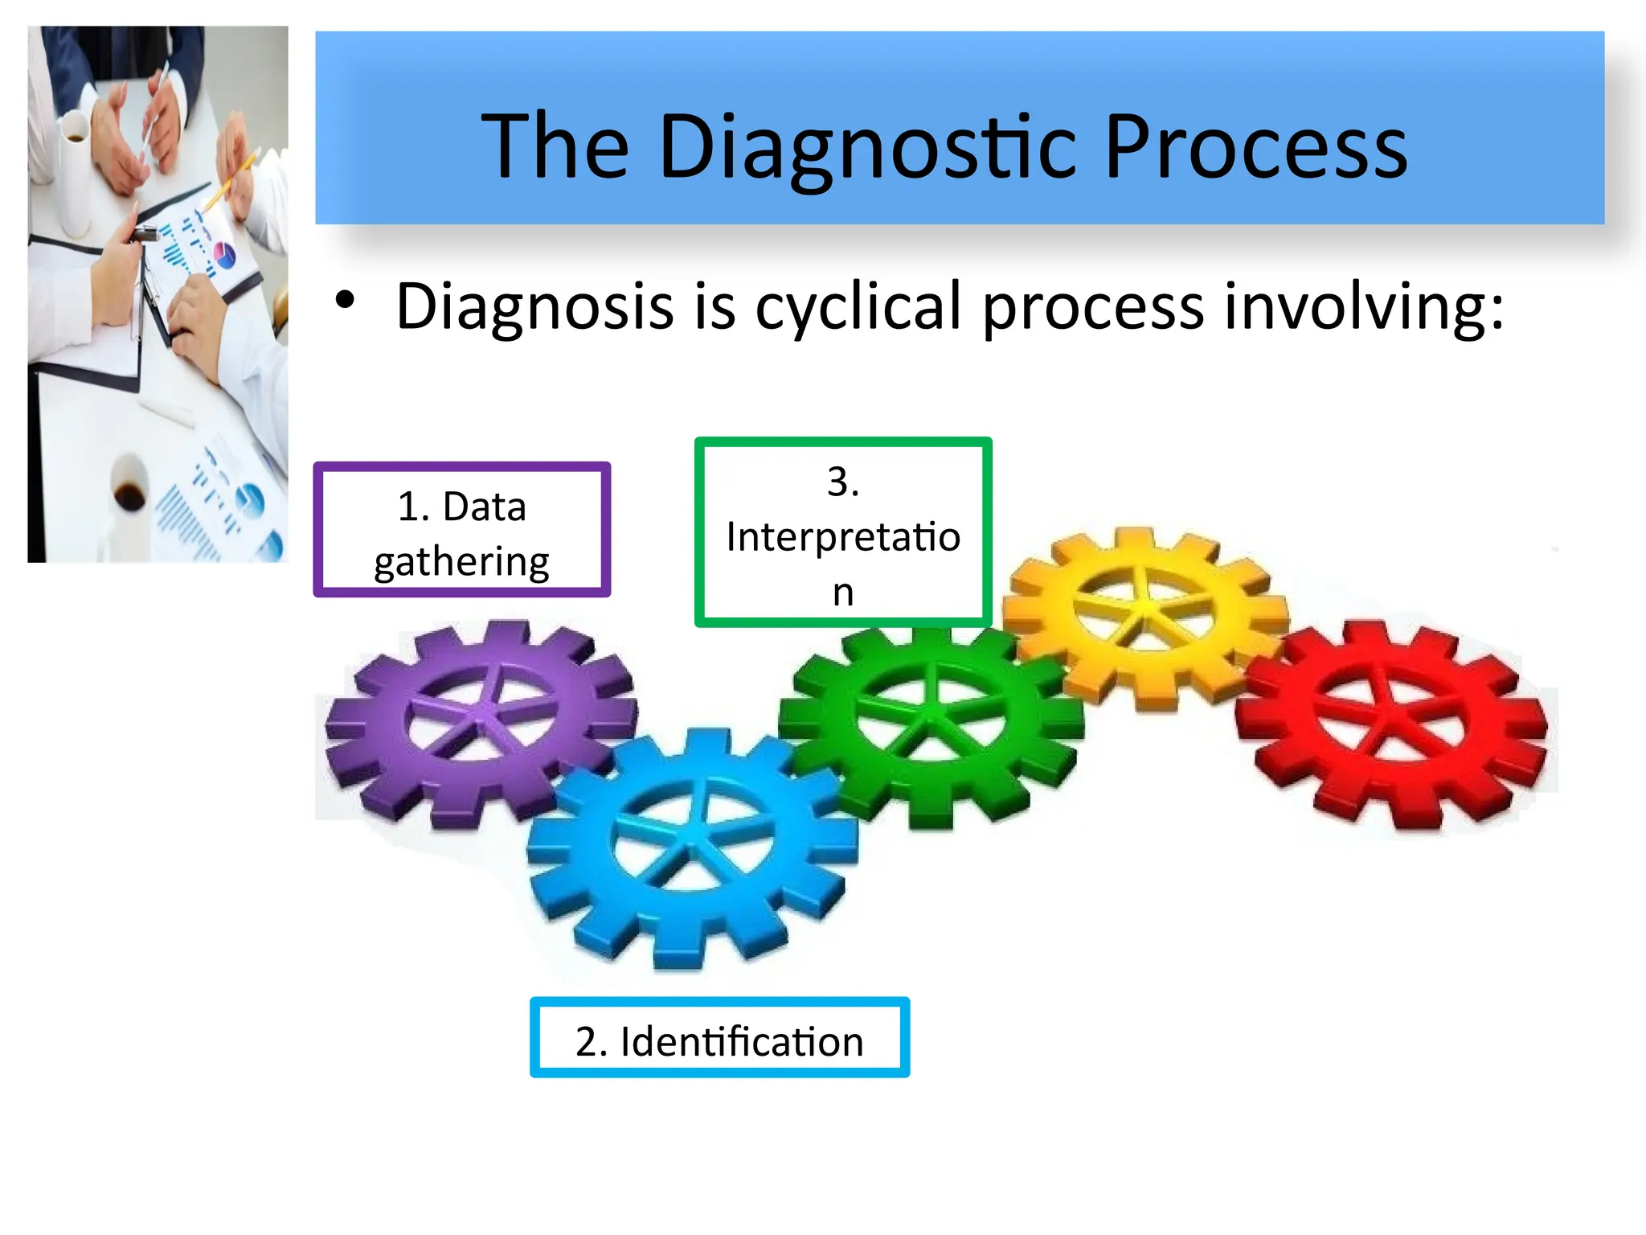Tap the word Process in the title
coord(1255,146)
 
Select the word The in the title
coord(555,146)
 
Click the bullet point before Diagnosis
coord(345,301)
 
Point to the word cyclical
coord(858,307)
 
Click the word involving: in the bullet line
coord(1363,307)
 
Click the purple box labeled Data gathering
coord(462,531)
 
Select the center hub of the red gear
coord(1389,718)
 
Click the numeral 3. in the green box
coord(843,482)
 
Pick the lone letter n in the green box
coord(842,593)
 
